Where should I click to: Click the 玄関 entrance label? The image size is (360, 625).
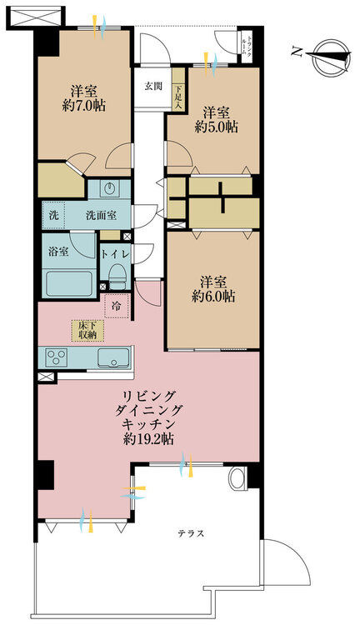click(152, 86)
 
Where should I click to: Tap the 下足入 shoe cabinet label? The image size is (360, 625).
click(178, 97)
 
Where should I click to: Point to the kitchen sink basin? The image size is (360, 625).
click(112, 358)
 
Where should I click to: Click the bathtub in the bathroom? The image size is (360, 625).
click(69, 282)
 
